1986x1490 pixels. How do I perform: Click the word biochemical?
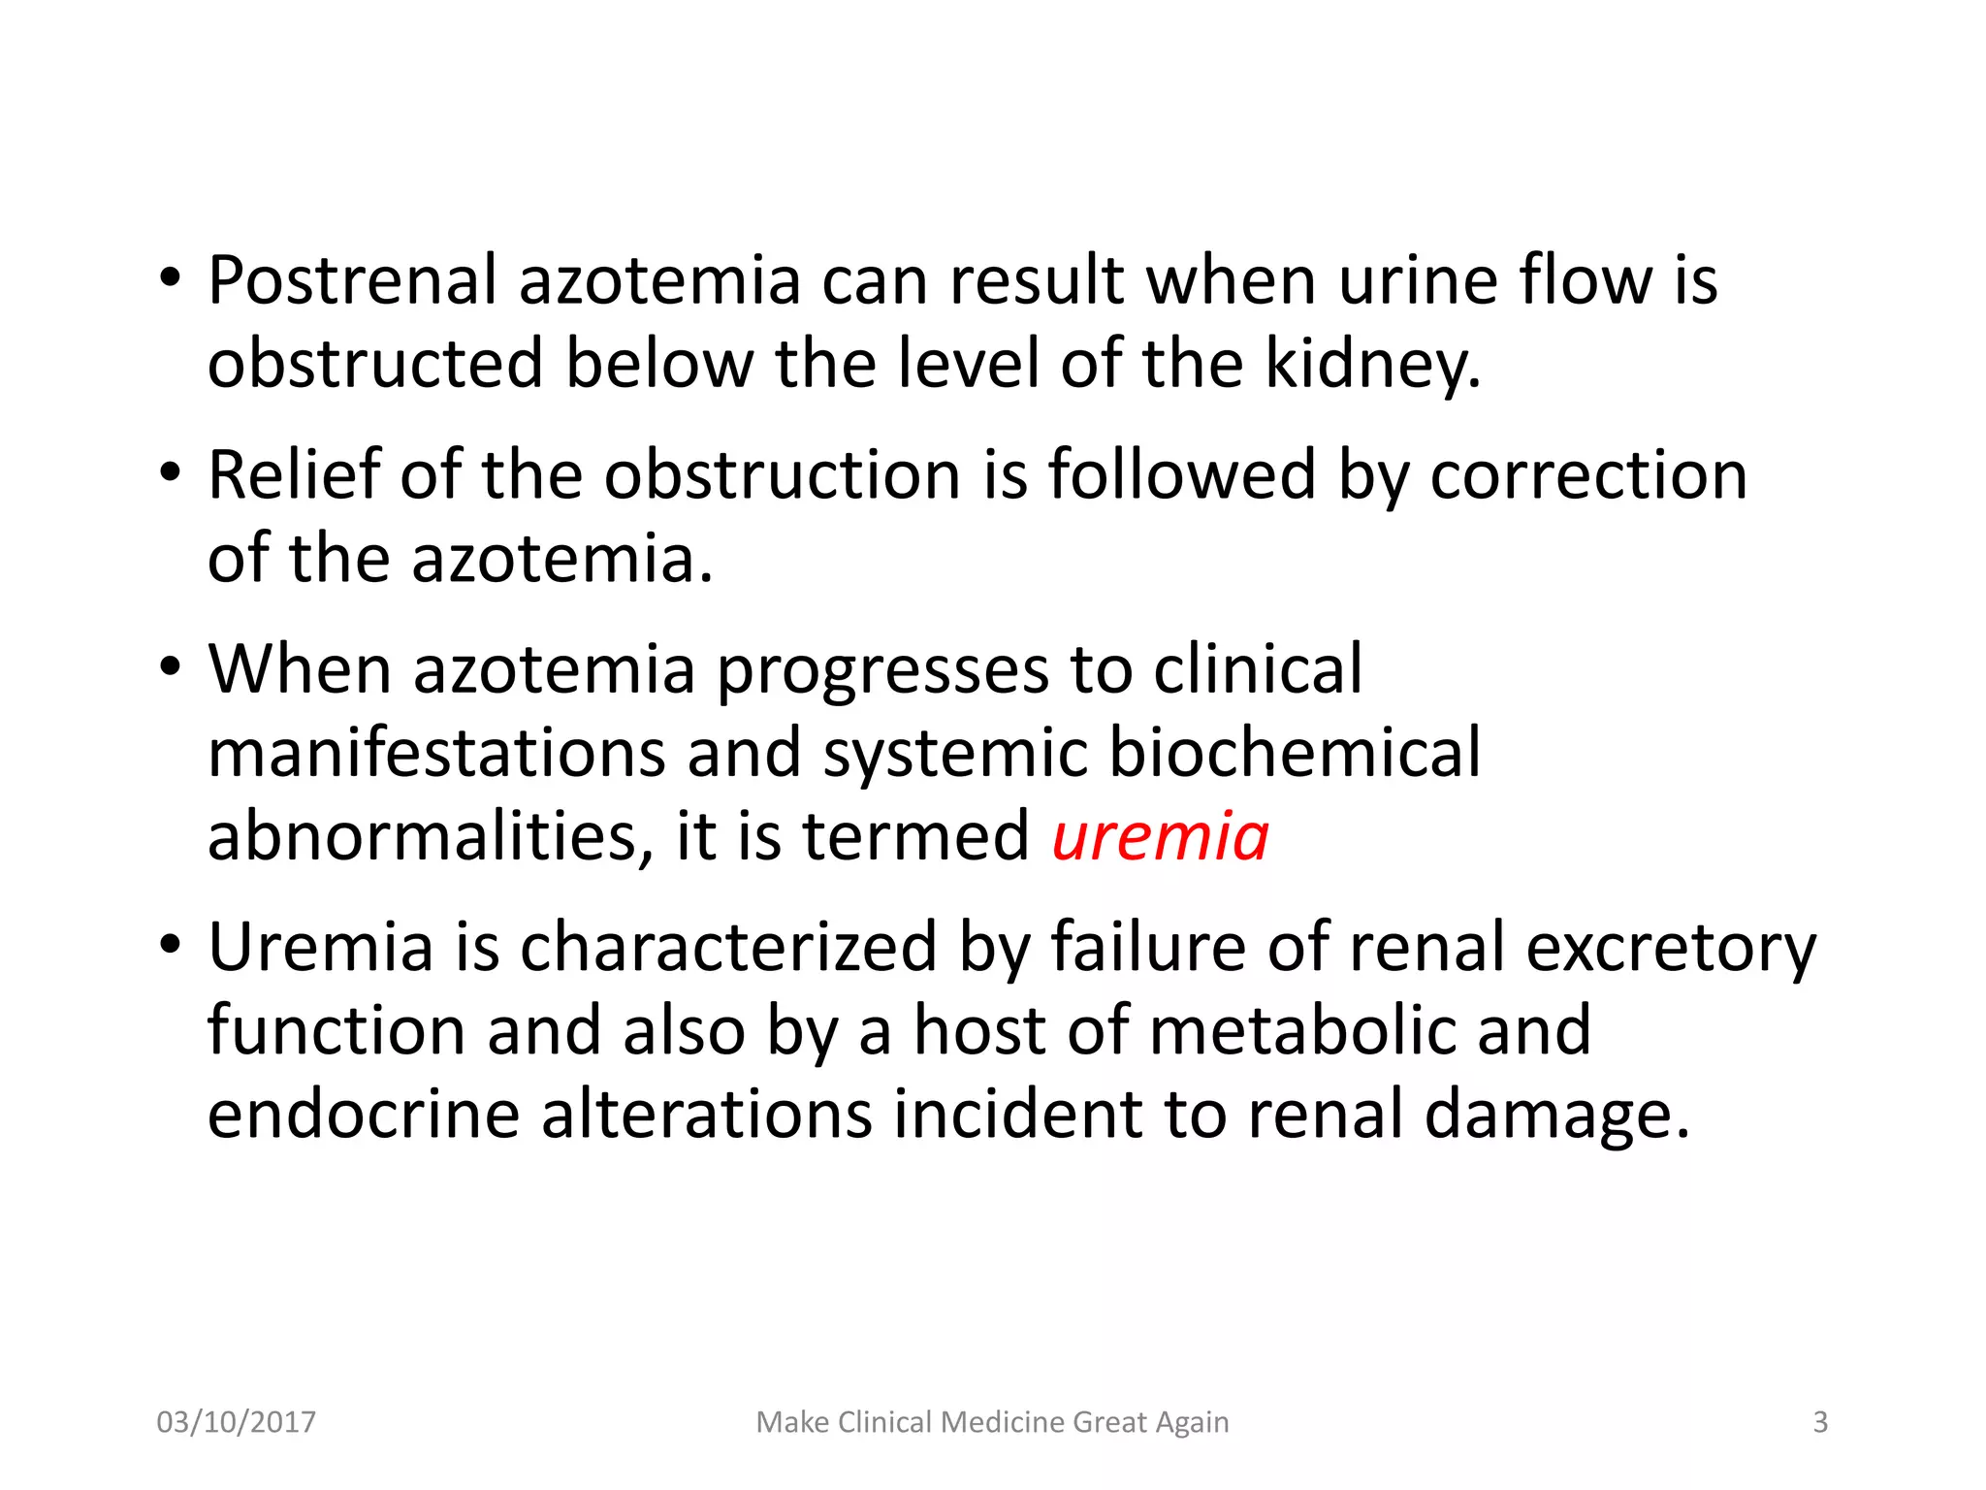click(x=1295, y=753)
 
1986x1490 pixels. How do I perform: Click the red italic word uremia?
click(x=1160, y=836)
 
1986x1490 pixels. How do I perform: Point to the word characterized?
click(x=727, y=947)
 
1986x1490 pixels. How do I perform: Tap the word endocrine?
click(x=364, y=1114)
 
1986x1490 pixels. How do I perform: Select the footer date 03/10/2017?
click(x=236, y=1422)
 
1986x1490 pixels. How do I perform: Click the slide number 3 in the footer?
click(x=1820, y=1422)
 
